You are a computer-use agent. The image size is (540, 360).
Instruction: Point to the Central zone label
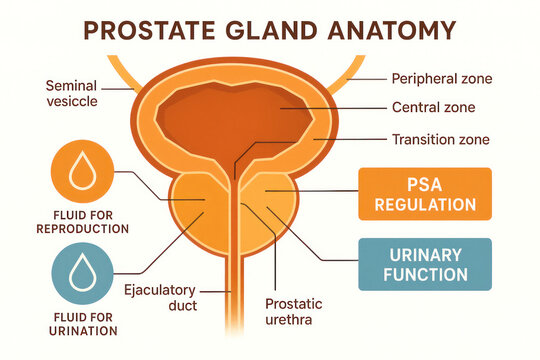(432, 108)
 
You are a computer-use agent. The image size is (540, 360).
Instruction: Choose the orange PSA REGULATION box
(425, 193)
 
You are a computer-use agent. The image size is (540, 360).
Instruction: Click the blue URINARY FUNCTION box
(425, 263)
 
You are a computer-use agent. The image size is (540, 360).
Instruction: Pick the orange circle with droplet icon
(79, 174)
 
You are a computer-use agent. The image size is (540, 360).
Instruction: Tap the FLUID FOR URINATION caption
(68, 323)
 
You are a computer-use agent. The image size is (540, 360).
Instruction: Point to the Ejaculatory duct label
(161, 299)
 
